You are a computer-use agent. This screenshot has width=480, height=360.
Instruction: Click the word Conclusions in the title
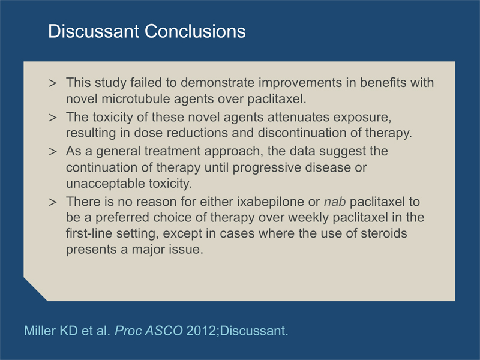(195, 31)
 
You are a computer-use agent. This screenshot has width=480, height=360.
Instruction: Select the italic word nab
(335, 202)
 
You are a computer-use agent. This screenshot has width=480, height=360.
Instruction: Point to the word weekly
(308, 218)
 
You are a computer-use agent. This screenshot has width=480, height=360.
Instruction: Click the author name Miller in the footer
(40, 331)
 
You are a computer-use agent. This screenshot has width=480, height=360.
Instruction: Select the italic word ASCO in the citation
(164, 331)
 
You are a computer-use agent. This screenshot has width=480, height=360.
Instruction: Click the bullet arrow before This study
(53, 83)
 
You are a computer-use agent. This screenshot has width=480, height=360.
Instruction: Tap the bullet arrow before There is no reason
(53, 202)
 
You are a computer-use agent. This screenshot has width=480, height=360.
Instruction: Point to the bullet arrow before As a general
(53, 152)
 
